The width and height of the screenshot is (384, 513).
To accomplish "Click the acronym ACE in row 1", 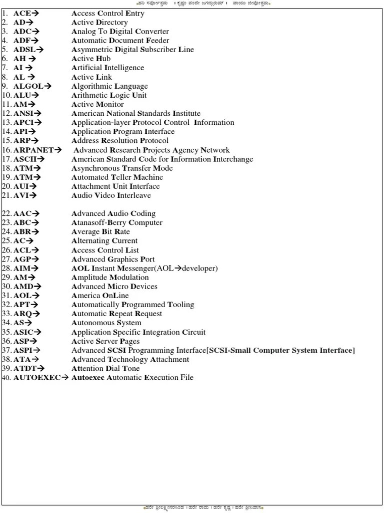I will click(22, 14).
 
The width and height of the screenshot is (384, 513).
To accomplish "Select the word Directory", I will click(111, 23).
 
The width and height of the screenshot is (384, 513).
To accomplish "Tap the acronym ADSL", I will click(24, 50).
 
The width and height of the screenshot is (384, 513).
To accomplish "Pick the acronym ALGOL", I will click(28, 86).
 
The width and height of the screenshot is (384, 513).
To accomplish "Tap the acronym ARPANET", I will click(33, 150).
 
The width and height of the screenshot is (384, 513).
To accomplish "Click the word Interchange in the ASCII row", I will click(233, 159).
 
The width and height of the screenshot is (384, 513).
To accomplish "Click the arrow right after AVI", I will click(33, 195).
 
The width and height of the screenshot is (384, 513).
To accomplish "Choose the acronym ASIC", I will click(23, 332).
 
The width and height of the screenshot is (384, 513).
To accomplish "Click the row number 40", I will click(6, 378).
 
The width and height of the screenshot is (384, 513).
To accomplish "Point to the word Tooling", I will click(180, 305).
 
